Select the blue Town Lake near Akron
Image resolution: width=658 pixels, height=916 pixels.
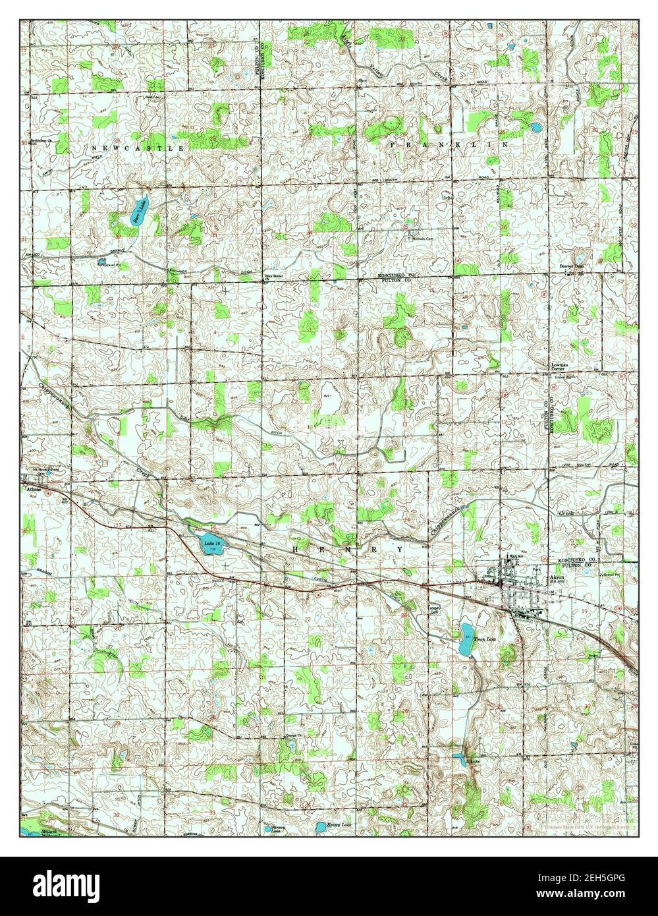pos(466,639)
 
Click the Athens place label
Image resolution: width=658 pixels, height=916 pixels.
pos(34,490)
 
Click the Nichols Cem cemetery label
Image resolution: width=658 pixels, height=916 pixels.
pos(422,239)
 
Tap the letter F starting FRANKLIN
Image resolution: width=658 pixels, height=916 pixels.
pos(393,143)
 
